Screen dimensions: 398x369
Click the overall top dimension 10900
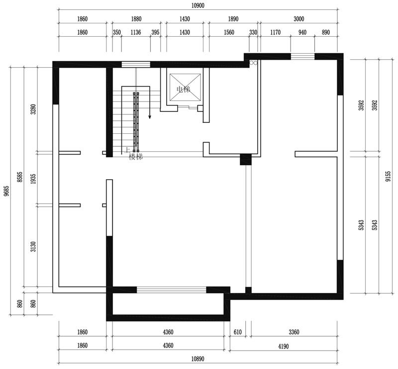click(x=198, y=5)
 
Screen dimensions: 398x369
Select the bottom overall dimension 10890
click(x=198, y=359)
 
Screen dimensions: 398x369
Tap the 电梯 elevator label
click(x=183, y=89)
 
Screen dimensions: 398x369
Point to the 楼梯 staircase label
click(x=136, y=157)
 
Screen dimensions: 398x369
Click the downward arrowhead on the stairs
click(x=150, y=117)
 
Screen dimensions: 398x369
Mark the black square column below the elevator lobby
click(x=246, y=159)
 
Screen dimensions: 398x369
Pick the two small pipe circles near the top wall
click(x=253, y=63)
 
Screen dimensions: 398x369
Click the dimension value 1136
click(x=135, y=32)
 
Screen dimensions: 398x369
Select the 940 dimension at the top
click(x=302, y=32)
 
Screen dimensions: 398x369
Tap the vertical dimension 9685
click(x=6, y=191)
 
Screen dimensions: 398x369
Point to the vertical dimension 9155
click(x=388, y=177)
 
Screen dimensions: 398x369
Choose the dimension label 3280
click(x=33, y=109)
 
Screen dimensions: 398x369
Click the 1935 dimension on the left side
click(x=33, y=179)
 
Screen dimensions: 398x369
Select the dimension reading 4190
click(x=283, y=346)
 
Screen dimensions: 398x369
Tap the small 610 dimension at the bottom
click(x=238, y=332)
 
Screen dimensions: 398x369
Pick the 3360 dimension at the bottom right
click(x=294, y=332)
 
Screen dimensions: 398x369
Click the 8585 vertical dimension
click(x=20, y=177)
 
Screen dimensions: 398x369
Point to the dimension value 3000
click(x=299, y=19)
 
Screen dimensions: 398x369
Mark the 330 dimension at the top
click(x=253, y=32)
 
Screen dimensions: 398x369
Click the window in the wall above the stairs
click(x=136, y=64)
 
